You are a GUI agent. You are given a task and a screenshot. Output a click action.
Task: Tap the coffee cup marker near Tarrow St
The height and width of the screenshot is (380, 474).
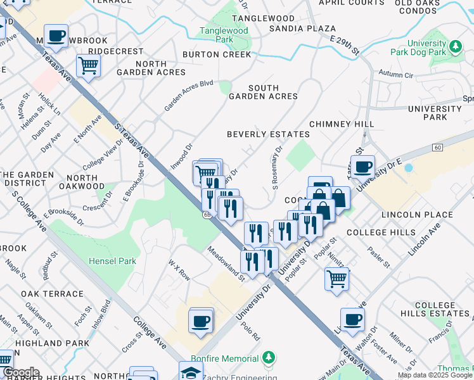pos(362,167)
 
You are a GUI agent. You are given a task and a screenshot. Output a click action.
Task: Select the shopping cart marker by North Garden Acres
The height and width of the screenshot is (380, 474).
pos(88,66)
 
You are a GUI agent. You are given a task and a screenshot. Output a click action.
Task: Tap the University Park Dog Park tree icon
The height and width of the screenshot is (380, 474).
pos(455,46)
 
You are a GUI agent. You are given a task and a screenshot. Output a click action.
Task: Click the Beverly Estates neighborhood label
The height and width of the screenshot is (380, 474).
pos(269,134)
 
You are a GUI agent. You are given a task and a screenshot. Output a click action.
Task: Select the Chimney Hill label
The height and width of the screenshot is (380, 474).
pos(342,124)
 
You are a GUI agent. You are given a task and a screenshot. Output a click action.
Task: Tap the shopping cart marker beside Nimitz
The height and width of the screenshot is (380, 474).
pos(337,279)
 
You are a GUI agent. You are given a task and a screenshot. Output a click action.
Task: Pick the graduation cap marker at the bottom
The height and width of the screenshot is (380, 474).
pos(191,372)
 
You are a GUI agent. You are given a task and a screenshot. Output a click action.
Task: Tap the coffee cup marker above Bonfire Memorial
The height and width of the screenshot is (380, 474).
pos(201,322)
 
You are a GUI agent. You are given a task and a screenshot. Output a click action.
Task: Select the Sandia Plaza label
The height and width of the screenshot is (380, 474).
pos(302,28)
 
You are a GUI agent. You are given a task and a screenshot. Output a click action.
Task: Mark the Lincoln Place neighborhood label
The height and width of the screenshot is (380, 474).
pos(417,215)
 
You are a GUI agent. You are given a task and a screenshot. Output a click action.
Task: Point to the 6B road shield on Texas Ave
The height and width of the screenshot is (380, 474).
pos(207,215)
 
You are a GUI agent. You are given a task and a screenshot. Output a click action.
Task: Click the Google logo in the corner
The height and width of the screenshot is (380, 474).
pos(20,372)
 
